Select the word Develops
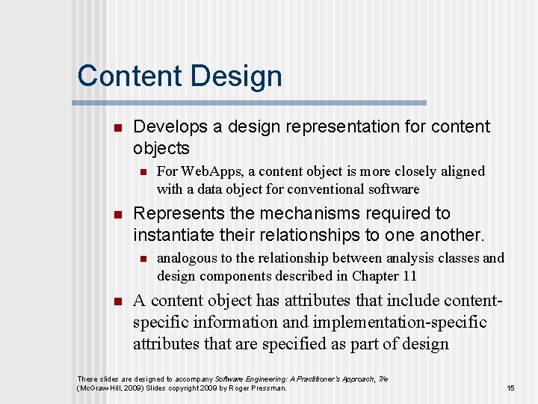point(170,126)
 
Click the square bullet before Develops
point(116,128)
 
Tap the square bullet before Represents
point(116,215)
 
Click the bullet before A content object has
point(116,302)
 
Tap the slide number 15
point(510,388)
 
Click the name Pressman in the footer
point(270,388)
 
